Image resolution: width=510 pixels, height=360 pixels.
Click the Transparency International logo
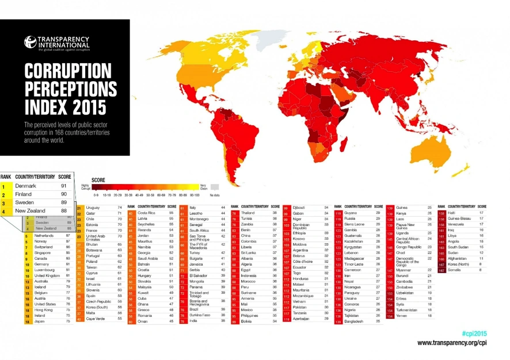tap(56, 43)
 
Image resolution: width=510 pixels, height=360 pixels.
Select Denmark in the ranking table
tap(26, 186)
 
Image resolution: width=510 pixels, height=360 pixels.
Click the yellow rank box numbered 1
tap(5, 186)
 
